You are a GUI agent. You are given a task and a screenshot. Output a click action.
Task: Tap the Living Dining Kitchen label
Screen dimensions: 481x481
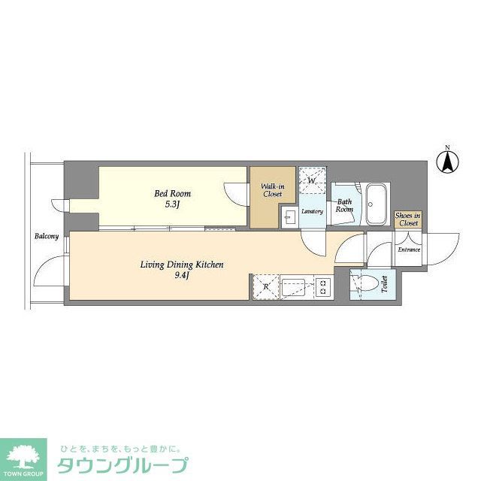coord(183,264)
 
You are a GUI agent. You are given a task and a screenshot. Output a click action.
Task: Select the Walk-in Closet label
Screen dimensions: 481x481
coord(272,190)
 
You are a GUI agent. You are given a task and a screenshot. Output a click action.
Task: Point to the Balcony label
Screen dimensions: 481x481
coord(46,237)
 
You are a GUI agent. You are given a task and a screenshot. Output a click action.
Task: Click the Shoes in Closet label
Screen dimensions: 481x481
coord(408,219)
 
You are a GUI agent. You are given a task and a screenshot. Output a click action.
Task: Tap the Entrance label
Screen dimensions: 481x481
coord(409,250)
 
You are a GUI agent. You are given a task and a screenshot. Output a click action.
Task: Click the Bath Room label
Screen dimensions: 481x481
coord(344,206)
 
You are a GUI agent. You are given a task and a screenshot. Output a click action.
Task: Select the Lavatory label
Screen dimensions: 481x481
coord(313,212)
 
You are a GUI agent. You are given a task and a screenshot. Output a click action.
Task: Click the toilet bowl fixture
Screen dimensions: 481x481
coord(366,284)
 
